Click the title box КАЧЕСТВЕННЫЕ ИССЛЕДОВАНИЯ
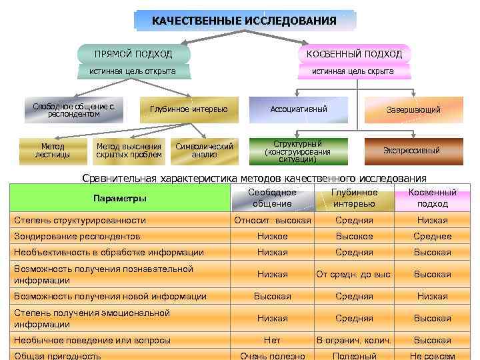[x=244, y=21]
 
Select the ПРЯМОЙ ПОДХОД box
[x=133, y=53]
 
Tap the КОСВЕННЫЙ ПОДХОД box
[x=354, y=53]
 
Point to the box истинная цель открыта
[x=133, y=71]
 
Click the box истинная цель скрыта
[x=353, y=71]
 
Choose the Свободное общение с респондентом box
[x=73, y=110]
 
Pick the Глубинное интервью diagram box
[x=189, y=109]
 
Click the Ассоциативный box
[x=299, y=109]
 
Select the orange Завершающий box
[x=413, y=110]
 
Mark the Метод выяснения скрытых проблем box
[x=129, y=151]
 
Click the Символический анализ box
[x=204, y=151]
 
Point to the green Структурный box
[x=297, y=151]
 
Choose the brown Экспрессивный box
[x=411, y=151]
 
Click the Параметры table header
[x=120, y=199]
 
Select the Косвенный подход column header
[x=433, y=198]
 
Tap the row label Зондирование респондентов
[x=77, y=236]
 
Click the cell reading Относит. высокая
[x=273, y=220]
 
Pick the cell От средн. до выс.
[x=354, y=274]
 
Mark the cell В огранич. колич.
[x=354, y=340]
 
